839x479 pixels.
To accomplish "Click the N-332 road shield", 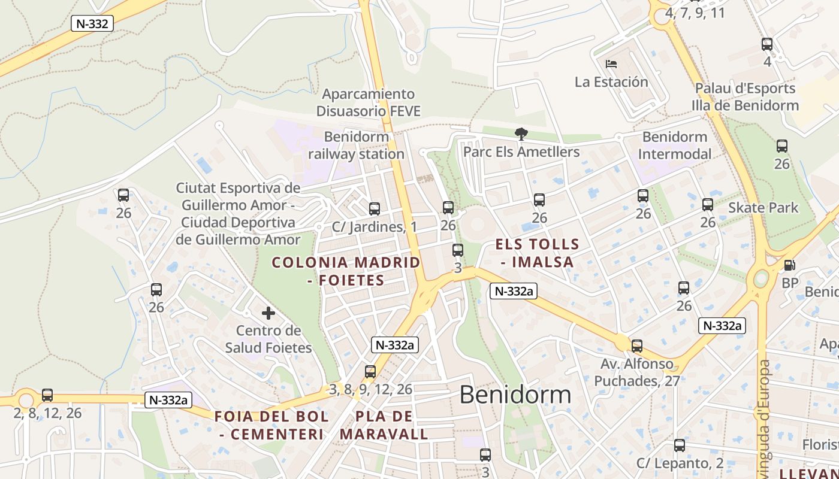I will click(x=92, y=23).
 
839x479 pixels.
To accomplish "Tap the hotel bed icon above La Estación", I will click(x=611, y=63).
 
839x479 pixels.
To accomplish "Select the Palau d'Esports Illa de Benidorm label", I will click(x=745, y=97).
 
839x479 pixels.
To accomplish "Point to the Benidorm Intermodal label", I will click(x=675, y=145).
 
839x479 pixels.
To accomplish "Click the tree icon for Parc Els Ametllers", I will click(x=521, y=134).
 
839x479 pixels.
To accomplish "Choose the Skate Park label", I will click(x=763, y=208).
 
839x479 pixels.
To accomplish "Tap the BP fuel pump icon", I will click(x=790, y=265).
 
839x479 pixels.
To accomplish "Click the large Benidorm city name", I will click(x=515, y=395).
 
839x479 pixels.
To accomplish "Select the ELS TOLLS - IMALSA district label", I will click(x=538, y=253).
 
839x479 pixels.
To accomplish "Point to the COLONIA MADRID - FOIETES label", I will click(x=346, y=271).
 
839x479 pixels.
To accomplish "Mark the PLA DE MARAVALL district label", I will click(x=384, y=425).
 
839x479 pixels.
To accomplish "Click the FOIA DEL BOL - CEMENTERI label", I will click(x=271, y=425).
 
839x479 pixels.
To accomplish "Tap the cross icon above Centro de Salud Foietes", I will click(x=268, y=313).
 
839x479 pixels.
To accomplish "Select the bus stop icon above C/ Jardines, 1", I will click(x=375, y=209).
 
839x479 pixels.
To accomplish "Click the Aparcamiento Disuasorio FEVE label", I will click(x=369, y=102).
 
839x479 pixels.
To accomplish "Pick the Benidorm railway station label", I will click(x=357, y=145).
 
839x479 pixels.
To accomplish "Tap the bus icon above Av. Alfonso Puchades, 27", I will click(x=637, y=346).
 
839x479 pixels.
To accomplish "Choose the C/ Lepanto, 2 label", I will click(x=680, y=463).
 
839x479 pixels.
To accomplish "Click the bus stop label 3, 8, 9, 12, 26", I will click(x=371, y=389).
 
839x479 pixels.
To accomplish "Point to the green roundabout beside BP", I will click(x=761, y=278).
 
